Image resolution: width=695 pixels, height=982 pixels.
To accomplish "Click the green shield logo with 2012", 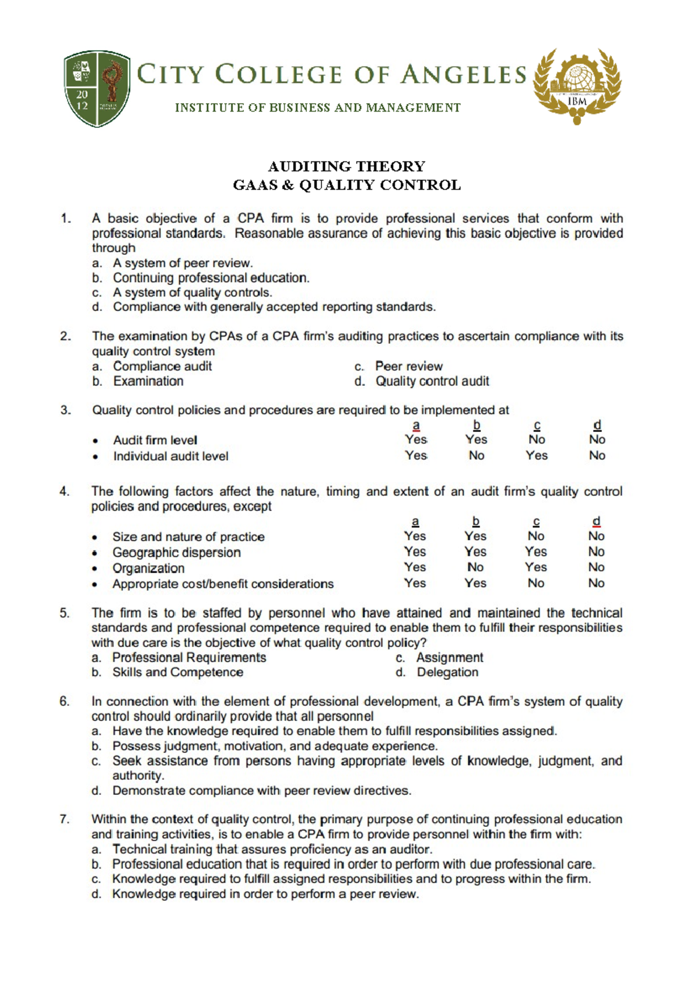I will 97,89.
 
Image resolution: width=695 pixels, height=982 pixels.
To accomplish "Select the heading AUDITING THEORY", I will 346,167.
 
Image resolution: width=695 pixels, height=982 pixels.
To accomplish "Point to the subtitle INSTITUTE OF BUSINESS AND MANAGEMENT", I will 318,108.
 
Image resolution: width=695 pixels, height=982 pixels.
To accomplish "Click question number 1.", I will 65,218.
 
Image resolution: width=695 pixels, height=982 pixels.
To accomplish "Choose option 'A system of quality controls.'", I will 192,292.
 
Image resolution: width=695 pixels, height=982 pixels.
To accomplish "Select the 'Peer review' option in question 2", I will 408,366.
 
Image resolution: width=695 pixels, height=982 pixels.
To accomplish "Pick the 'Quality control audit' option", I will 432,381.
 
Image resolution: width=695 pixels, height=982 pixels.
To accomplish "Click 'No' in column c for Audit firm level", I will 536,439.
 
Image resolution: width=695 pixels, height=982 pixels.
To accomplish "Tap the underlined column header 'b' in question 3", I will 476,425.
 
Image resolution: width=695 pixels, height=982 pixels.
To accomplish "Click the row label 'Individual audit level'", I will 170,456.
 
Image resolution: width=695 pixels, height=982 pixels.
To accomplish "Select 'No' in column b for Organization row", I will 475,567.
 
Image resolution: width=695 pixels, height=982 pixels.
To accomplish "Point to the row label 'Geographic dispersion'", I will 176,552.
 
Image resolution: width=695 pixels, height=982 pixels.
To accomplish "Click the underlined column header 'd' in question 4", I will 597,521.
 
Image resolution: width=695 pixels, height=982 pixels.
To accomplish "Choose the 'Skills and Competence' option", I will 177,672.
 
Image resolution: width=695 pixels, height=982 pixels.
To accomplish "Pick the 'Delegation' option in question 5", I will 447,672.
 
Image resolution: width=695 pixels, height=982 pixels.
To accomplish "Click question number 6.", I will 65,701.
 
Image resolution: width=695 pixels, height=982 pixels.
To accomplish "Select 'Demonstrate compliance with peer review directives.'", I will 262,790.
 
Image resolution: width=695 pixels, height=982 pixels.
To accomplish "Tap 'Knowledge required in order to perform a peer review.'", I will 265,894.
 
